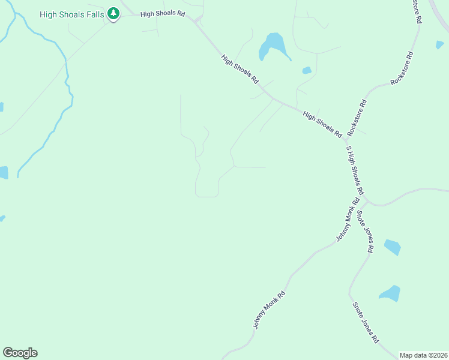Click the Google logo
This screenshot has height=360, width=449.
[20, 353]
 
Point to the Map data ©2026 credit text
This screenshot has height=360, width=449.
[423, 355]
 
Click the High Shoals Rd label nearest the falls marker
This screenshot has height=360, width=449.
[162, 13]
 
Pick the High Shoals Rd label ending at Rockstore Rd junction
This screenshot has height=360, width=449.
[322, 124]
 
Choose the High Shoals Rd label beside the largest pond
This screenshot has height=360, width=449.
[240, 69]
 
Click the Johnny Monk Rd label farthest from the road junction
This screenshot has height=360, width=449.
[268, 310]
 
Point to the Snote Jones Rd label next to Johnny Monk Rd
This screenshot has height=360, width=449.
[366, 230]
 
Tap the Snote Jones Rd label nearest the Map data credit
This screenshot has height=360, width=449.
[366, 322]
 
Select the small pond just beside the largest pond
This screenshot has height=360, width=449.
[307, 70]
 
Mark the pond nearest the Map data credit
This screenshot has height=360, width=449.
[390, 293]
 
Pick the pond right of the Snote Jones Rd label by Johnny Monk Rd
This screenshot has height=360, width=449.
[392, 247]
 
